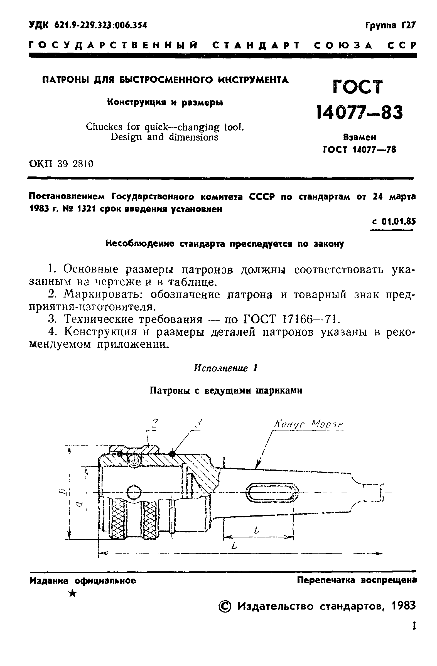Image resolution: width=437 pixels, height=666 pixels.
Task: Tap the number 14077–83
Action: click(360, 112)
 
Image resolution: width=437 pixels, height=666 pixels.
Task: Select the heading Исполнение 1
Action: click(225, 368)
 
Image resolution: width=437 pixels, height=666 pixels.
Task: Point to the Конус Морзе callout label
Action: click(308, 425)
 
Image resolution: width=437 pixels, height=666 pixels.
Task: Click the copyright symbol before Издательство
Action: click(225, 606)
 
